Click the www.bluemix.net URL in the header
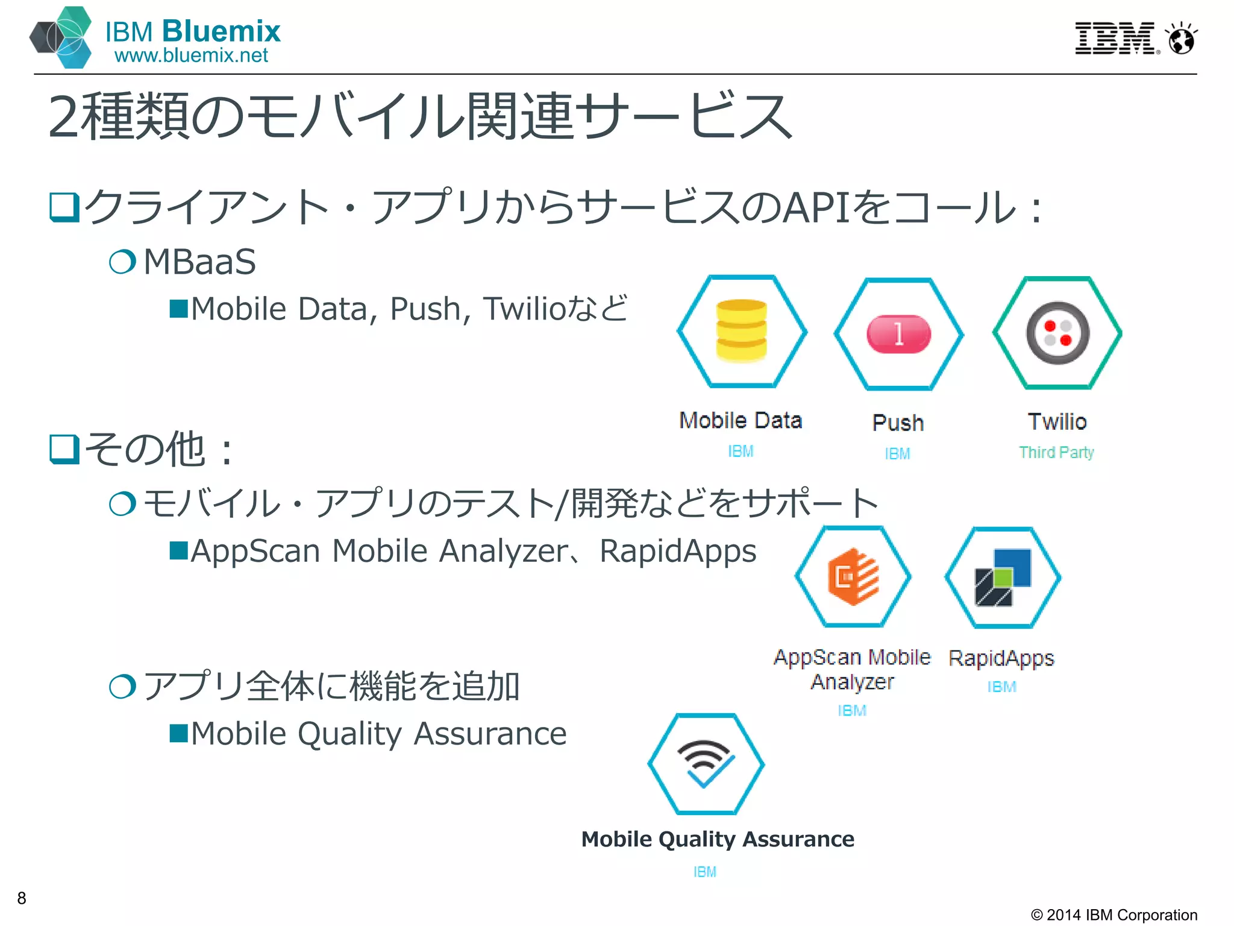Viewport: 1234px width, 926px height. pyautogui.click(x=191, y=55)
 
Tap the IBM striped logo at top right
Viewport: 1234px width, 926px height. pyautogui.click(x=1116, y=39)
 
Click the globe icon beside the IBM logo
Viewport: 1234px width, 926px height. pyautogui.click(x=1181, y=40)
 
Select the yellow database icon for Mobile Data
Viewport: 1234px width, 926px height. pyautogui.click(x=741, y=331)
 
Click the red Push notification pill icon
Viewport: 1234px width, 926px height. pyautogui.click(x=898, y=333)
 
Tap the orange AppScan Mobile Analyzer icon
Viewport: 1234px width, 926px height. pyautogui.click(x=853, y=576)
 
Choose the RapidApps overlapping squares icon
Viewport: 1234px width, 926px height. pyautogui.click(x=1003, y=577)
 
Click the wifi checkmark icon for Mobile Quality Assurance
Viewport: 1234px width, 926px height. pyautogui.click(x=706, y=763)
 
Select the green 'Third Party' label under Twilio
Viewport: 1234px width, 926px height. pyautogui.click(x=1056, y=452)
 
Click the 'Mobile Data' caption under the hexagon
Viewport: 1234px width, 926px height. pyautogui.click(x=741, y=420)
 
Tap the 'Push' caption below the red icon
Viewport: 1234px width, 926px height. pyautogui.click(x=898, y=423)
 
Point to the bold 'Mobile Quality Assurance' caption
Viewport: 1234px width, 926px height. pyautogui.click(x=718, y=839)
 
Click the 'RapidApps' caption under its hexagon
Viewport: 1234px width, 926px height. pyautogui.click(x=1001, y=658)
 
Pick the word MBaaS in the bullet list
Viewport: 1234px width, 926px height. pyautogui.click(x=199, y=262)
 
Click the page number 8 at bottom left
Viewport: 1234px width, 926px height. pyautogui.click(x=22, y=898)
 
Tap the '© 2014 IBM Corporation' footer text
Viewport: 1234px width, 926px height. pyautogui.click(x=1113, y=915)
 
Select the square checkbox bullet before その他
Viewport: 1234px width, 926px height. pyautogui.click(x=64, y=449)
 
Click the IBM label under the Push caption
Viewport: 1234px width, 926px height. pyautogui.click(x=897, y=454)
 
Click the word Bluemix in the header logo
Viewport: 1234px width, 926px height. pyautogui.click(x=221, y=31)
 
